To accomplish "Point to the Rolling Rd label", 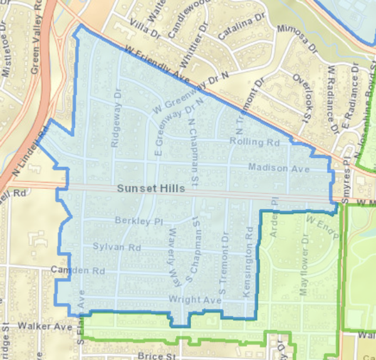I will (254, 142).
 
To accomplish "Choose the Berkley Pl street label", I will (139, 221).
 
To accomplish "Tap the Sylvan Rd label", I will (117, 248).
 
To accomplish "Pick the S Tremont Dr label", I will (223, 264).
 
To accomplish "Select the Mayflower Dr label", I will (305, 266).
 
